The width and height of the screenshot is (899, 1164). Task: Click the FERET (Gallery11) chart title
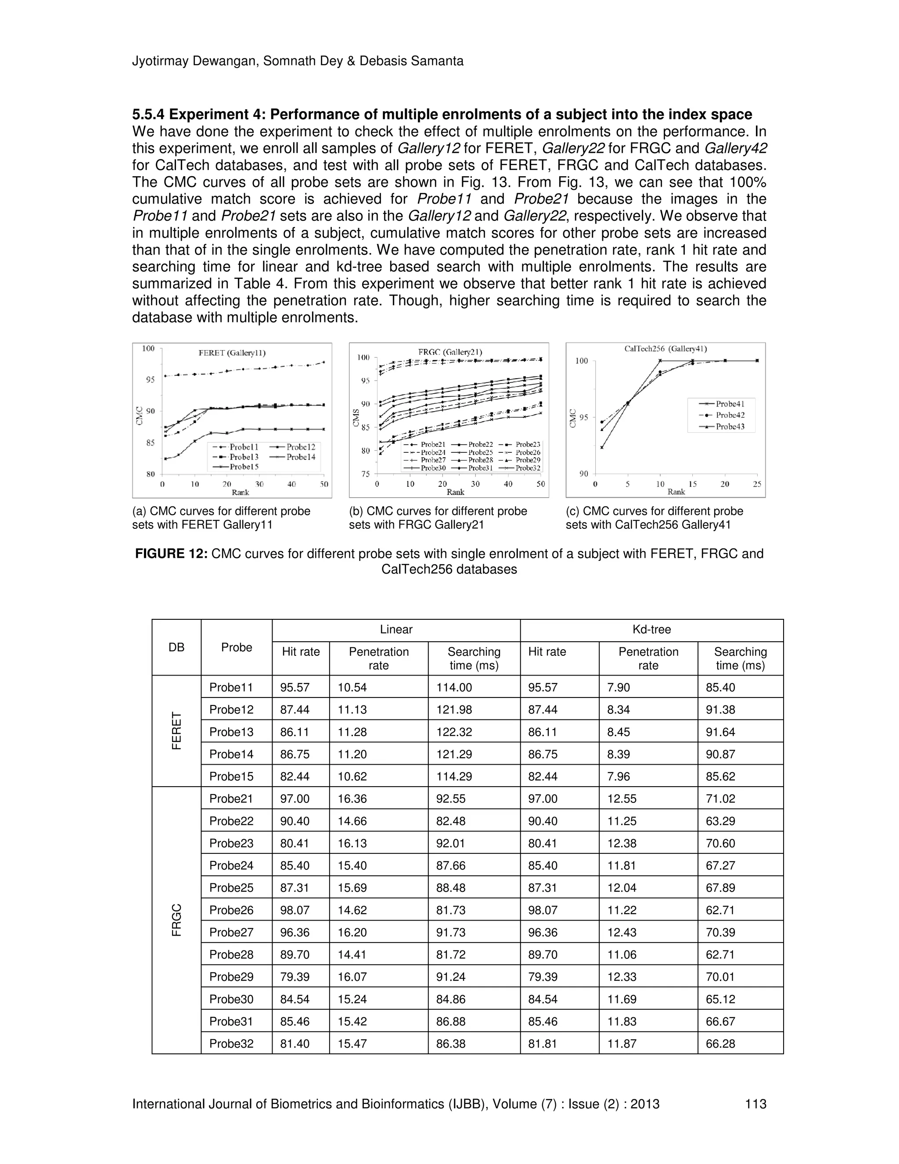[232, 353]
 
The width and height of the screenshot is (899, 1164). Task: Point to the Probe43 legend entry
[730, 427]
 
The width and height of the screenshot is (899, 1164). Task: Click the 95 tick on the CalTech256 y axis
[583, 417]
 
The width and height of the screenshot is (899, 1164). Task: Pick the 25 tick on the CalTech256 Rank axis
[757, 484]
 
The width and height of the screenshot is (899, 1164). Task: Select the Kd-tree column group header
[651, 629]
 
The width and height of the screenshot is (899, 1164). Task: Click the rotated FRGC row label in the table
[176, 920]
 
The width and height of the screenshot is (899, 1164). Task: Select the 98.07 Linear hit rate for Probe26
[295, 910]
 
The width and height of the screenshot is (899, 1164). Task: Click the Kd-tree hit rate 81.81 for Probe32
[542, 1043]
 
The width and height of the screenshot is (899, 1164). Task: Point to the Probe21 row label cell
[231, 799]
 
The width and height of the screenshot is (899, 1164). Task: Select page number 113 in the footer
[755, 1104]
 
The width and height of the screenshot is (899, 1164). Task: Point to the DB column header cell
[176, 647]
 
